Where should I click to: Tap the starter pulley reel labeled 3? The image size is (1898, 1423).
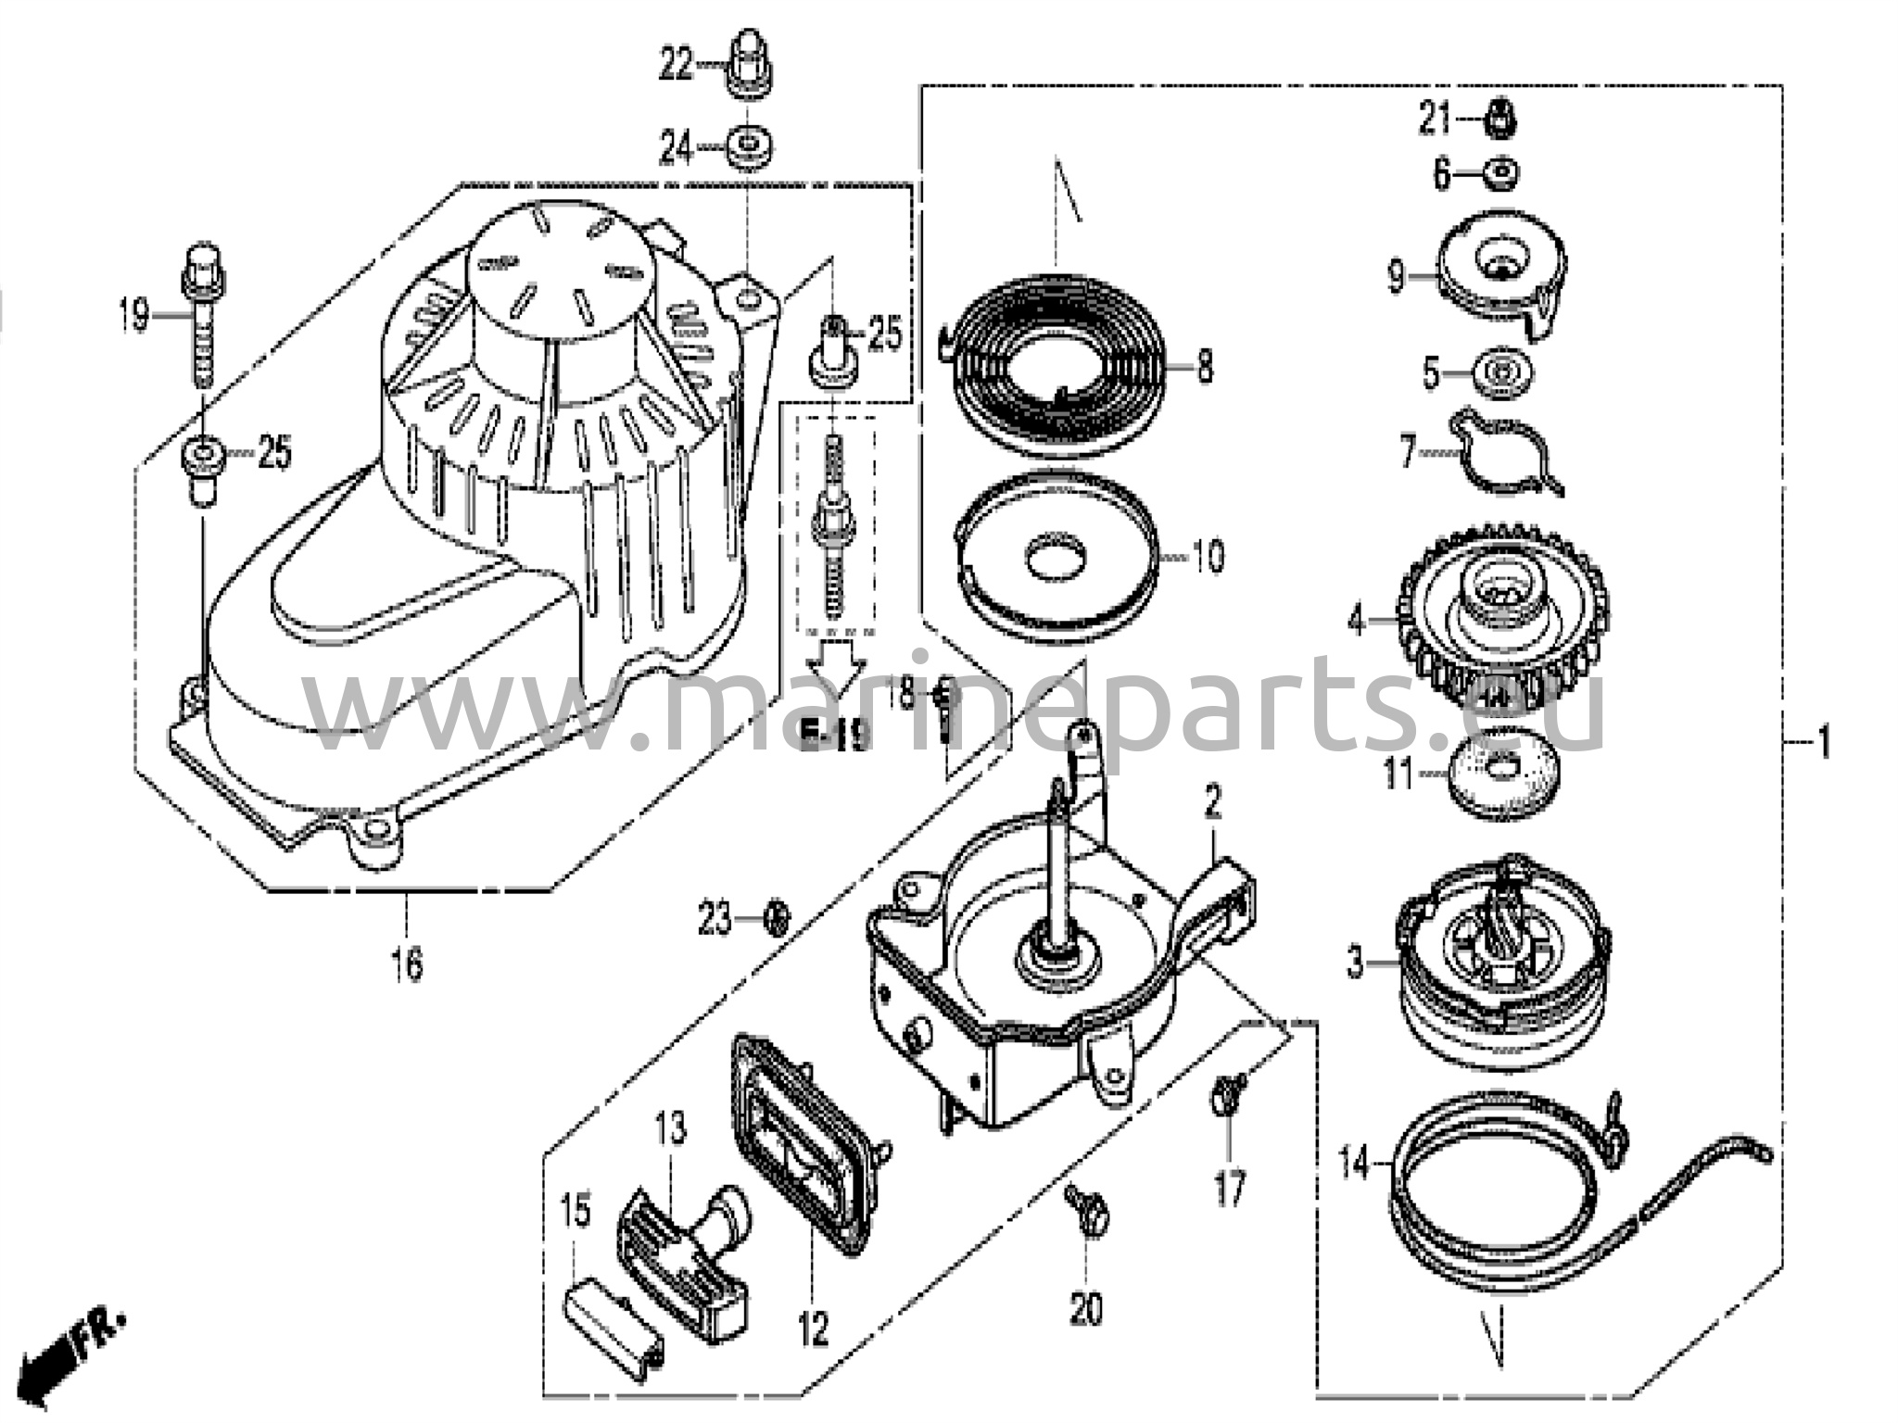pyautogui.click(x=1503, y=963)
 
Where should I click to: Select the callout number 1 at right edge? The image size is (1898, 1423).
pyautogui.click(x=1822, y=741)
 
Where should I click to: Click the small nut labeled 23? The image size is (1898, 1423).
pyautogui.click(x=778, y=920)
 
